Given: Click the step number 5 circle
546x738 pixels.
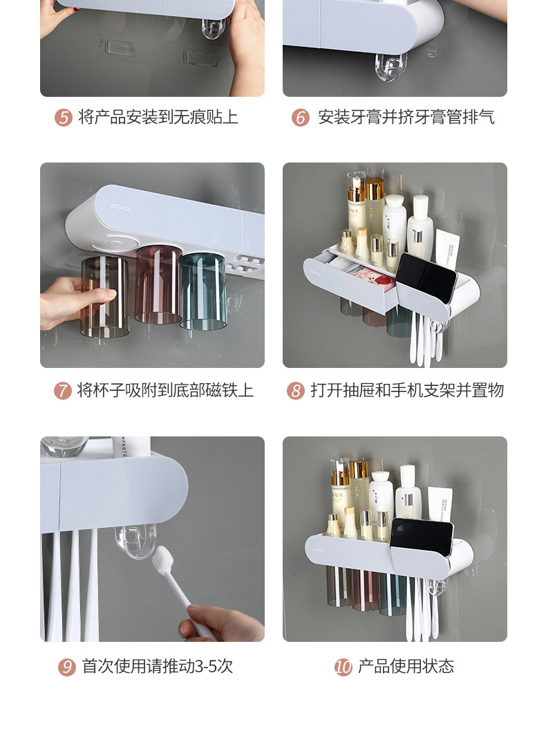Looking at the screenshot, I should click(x=64, y=118).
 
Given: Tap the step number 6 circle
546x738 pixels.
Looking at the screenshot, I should click(x=300, y=118).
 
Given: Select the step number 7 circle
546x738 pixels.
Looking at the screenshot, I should click(x=63, y=391).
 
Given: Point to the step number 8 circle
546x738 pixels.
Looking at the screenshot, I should click(x=296, y=391).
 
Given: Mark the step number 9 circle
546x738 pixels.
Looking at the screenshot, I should click(x=67, y=667).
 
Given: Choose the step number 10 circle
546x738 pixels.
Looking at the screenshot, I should click(x=343, y=667).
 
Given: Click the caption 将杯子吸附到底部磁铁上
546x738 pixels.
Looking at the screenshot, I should click(x=165, y=391).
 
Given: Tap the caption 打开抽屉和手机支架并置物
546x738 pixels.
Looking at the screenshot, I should click(x=407, y=391).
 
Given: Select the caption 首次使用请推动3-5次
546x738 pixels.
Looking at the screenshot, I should click(x=158, y=667).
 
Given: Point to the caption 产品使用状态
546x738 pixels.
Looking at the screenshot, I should click(x=406, y=667).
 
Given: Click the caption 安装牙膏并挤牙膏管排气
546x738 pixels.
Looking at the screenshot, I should click(x=406, y=118).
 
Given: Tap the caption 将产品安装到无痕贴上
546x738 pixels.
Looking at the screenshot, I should click(x=158, y=118).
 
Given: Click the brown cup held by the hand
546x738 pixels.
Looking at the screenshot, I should click(x=104, y=296).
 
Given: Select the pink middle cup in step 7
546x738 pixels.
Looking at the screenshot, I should click(x=158, y=285).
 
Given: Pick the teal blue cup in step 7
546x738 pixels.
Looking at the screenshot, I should click(x=203, y=290).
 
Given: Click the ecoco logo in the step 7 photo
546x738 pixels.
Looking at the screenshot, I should click(x=120, y=206).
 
